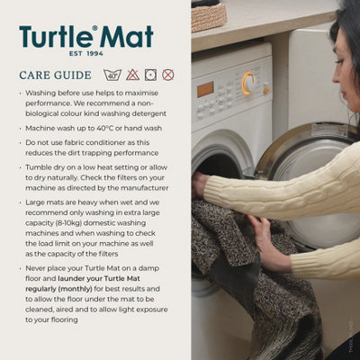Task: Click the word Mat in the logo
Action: point(126,38)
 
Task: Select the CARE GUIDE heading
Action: point(55,76)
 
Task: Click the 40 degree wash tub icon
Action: point(112,75)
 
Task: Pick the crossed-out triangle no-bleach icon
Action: point(131,75)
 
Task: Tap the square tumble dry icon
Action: point(149,75)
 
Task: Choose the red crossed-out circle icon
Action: point(167,75)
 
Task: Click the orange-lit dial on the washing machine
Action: point(248,84)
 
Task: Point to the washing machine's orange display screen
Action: point(206,89)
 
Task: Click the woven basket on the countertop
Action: point(209,14)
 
